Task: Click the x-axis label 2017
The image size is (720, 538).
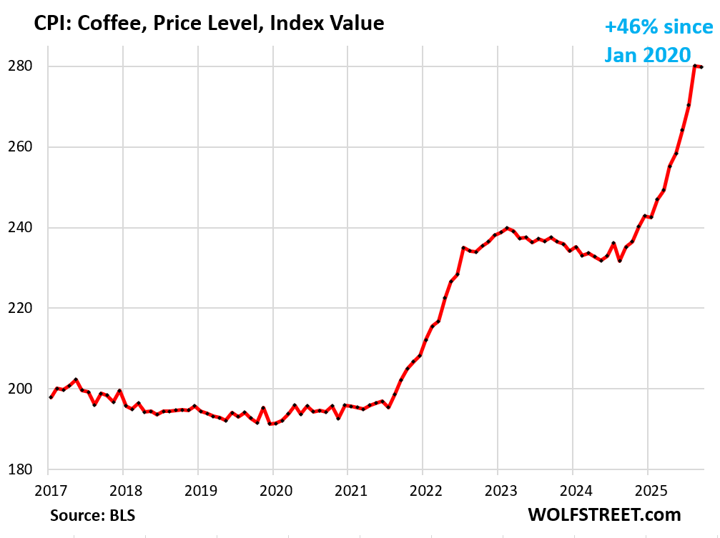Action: [x=48, y=491]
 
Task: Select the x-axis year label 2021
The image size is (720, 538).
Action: [x=347, y=491]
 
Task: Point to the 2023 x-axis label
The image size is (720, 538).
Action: [x=498, y=491]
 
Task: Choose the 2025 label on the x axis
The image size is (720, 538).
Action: [x=647, y=491]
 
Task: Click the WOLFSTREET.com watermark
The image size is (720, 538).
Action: [x=604, y=514]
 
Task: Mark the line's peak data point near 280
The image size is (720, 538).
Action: [x=694, y=66]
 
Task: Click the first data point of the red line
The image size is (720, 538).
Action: [x=50, y=397]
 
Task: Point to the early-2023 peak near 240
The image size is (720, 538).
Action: [x=506, y=228]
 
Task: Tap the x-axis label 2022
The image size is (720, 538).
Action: [x=423, y=491]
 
